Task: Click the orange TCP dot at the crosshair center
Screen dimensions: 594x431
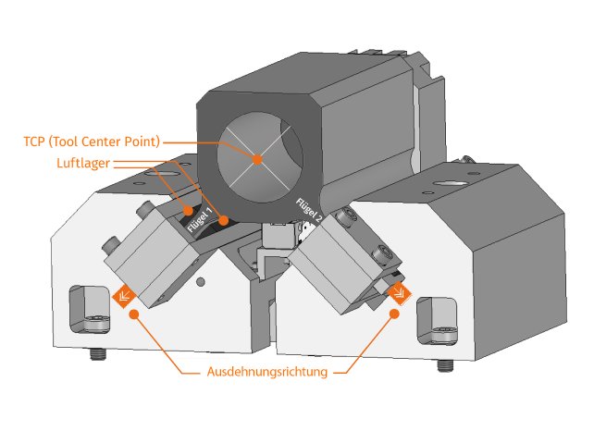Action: coord(257,159)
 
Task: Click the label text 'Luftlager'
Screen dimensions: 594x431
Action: coord(83,163)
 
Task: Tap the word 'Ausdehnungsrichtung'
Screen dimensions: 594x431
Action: coord(267,372)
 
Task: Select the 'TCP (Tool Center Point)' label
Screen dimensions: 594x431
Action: coord(92,142)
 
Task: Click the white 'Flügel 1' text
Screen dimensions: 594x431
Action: coord(200,220)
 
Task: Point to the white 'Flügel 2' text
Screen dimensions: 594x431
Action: coord(309,211)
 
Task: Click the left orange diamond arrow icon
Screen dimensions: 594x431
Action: coord(124,296)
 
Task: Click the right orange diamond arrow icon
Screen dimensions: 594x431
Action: coord(400,293)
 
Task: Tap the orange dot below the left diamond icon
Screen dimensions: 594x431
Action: coord(134,314)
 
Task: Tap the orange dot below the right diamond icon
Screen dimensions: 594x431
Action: coord(394,314)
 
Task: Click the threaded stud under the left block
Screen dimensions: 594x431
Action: coord(98,354)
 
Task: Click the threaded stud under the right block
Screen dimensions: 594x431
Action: coord(446,365)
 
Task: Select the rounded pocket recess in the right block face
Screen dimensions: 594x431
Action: coord(437,321)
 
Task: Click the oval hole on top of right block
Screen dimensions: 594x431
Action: coord(451,184)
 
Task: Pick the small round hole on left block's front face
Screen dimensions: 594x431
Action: coord(201,282)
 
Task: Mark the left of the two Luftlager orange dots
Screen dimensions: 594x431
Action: coord(188,210)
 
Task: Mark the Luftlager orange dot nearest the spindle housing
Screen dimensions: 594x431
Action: coord(224,220)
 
